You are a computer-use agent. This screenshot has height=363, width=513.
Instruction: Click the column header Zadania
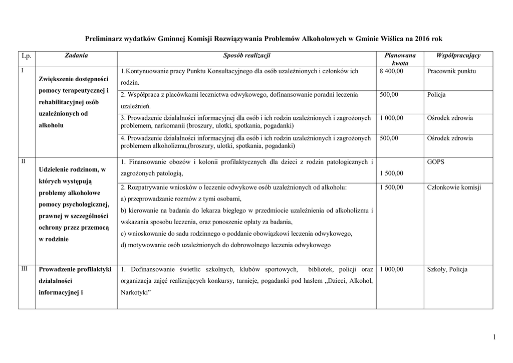point(76,55)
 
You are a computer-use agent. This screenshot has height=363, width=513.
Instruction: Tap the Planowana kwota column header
point(399,59)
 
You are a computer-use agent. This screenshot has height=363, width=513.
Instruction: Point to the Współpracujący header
point(458,55)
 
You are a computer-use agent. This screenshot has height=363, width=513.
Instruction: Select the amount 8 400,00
point(392,71)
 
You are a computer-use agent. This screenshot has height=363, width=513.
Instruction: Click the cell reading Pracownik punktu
point(451,71)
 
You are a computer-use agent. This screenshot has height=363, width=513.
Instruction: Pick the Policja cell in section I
point(436,95)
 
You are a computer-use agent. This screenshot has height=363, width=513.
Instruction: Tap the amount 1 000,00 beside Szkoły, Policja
point(392,269)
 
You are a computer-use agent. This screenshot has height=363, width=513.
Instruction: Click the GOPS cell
point(436,162)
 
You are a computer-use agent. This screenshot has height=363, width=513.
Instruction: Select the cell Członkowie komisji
point(454,187)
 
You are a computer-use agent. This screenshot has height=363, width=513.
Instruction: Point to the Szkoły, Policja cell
point(447,269)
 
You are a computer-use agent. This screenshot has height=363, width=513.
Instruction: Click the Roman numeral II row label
point(24,161)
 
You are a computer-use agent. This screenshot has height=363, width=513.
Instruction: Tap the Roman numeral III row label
point(25,269)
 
